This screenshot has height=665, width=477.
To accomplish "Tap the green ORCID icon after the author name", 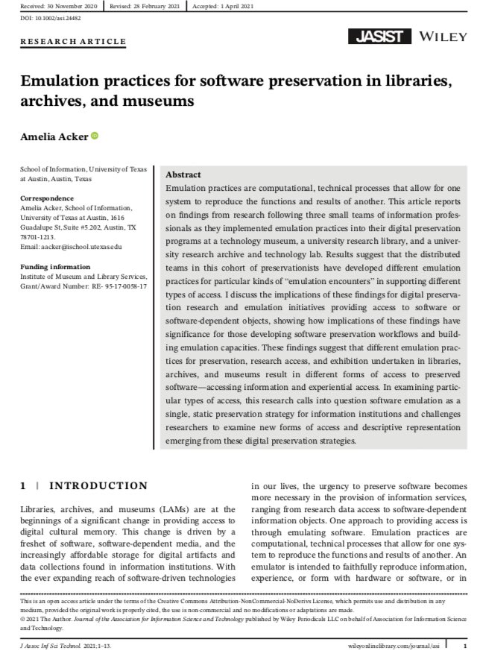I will (x=95, y=136).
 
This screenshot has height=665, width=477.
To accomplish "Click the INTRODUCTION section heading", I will (x=98, y=486).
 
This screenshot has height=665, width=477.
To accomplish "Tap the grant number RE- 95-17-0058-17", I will (x=111, y=286).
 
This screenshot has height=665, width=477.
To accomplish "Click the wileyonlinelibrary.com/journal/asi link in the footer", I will (x=392, y=644).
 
